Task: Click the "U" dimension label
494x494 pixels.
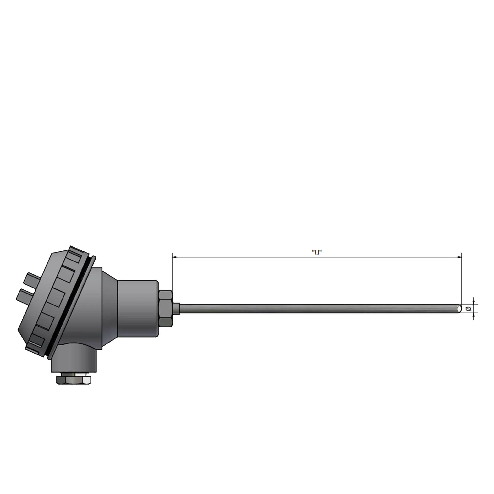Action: (x=316, y=253)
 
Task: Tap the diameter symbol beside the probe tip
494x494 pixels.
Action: (x=468, y=309)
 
